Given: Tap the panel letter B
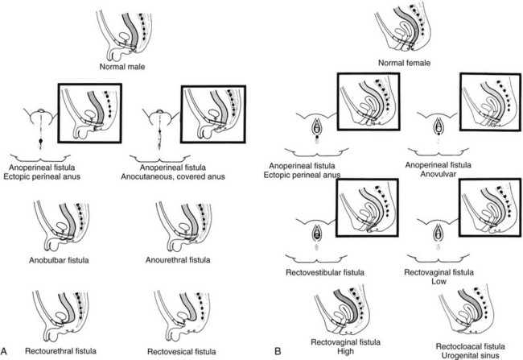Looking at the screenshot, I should (x=278, y=350).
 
